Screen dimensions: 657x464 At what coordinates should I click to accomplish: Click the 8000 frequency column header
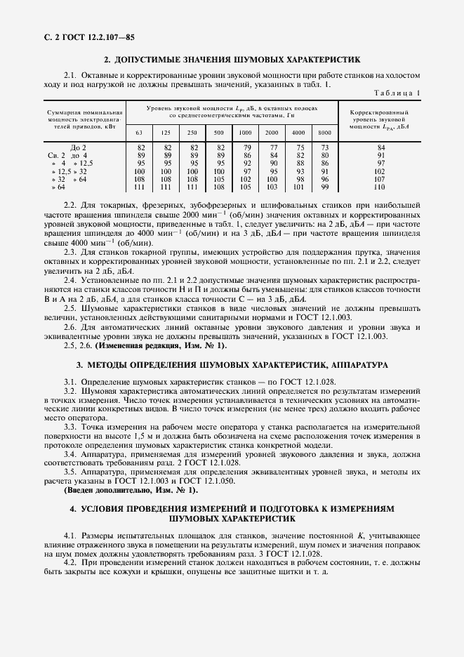point(324,133)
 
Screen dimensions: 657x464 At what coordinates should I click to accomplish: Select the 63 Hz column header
point(140,133)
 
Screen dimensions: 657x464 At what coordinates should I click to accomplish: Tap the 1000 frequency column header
point(245,133)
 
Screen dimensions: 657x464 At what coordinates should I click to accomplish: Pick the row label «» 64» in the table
point(58,187)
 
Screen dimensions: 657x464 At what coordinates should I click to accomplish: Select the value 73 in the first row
point(324,147)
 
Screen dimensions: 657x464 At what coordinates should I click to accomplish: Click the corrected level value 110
point(380,187)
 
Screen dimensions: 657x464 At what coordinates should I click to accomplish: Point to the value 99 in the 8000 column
point(324,187)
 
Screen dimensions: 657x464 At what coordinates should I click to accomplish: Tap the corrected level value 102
point(380,171)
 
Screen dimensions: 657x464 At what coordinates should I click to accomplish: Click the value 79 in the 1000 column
point(246,147)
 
